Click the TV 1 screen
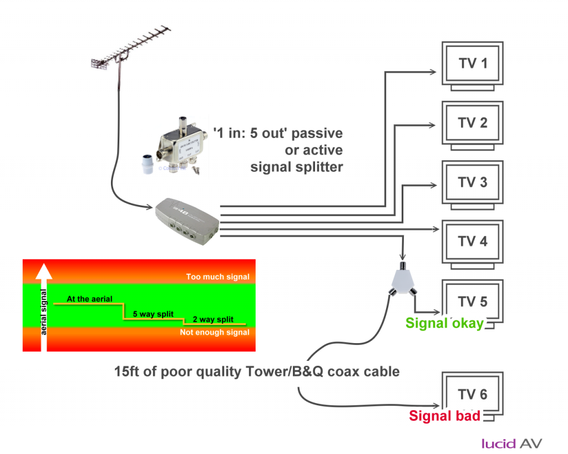click(473, 63)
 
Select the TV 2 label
click(473, 123)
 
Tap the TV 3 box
click(473, 182)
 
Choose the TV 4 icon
click(473, 242)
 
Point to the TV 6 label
click(473, 395)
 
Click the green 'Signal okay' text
click(444, 323)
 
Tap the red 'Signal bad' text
click(444, 416)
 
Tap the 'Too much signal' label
click(217, 277)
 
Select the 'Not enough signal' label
click(215, 333)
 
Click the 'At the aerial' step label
click(89, 299)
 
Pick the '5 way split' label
click(153, 314)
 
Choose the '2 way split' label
click(212, 320)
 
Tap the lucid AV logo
click(511, 443)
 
